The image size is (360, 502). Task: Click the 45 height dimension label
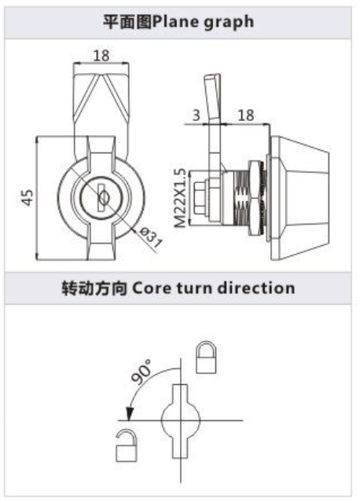[x=28, y=197]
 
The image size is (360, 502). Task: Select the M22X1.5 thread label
[x=181, y=198]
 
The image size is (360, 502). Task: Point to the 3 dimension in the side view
[x=197, y=115]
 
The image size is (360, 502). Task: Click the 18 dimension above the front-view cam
[x=101, y=56]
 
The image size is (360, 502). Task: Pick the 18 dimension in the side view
[x=246, y=115]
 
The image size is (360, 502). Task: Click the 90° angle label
[x=141, y=372]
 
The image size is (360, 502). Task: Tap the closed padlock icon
[x=206, y=357]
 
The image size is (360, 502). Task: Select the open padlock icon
[x=127, y=445]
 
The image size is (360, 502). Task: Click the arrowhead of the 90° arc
[x=129, y=414]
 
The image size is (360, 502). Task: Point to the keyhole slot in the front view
[x=102, y=197]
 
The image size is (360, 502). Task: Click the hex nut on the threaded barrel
[x=257, y=198]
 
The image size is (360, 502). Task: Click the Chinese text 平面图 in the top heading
[x=127, y=23]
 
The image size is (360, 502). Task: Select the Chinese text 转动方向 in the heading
[x=94, y=288]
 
